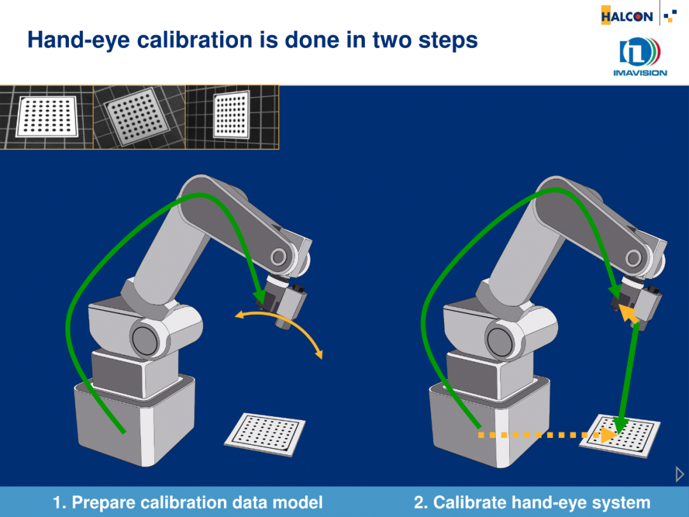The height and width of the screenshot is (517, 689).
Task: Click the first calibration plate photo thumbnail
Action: [x=47, y=117]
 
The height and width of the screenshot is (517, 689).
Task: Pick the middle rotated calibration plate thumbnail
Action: [x=139, y=117]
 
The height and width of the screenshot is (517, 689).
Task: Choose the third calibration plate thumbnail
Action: [x=232, y=117]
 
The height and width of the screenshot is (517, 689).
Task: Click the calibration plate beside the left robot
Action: [x=265, y=434]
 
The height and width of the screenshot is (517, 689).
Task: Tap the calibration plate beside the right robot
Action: [x=619, y=436]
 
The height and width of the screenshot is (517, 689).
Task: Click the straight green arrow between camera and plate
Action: [x=628, y=377]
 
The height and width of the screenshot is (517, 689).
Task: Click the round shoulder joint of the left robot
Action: [x=145, y=340]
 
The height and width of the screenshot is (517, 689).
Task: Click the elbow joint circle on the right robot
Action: [x=633, y=258]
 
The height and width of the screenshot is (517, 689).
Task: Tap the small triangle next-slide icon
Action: [x=679, y=474]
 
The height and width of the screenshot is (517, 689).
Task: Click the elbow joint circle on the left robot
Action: [x=279, y=257]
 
